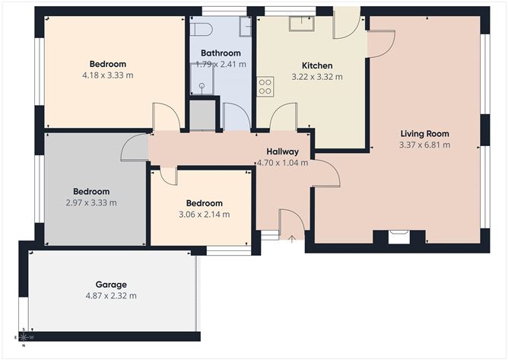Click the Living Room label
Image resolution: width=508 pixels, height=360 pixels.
pyautogui.click(x=425, y=133)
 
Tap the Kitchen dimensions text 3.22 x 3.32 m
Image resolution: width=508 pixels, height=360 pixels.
pyautogui.click(x=317, y=77)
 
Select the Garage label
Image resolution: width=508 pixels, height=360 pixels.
pyautogui.click(x=111, y=285)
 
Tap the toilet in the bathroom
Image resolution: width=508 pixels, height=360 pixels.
pyautogui.click(x=201, y=28)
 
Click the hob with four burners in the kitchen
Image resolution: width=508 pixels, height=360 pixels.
pyautogui.click(x=265, y=87)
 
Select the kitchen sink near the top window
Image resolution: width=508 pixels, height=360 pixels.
pyautogui.click(x=297, y=23)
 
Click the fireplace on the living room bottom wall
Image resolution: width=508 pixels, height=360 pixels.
pyautogui.click(x=398, y=236)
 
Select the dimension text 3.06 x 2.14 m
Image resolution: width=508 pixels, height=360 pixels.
pyautogui.click(x=204, y=215)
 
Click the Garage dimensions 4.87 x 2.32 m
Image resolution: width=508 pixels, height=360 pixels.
pyautogui.click(x=111, y=295)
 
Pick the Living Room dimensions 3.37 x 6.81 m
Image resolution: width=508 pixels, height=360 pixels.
pyautogui.click(x=425, y=145)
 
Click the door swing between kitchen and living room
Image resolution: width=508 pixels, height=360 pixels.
pyautogui.click(x=380, y=44)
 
